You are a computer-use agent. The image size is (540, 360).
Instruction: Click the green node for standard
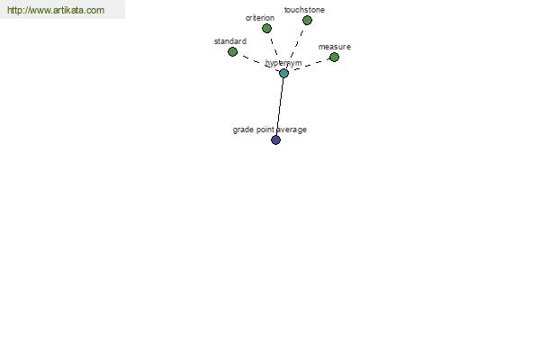(x=232, y=52)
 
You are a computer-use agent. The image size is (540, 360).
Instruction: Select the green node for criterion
(x=266, y=29)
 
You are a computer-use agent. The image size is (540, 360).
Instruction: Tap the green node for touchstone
(x=307, y=21)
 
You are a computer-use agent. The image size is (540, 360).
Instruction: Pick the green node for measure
(x=334, y=58)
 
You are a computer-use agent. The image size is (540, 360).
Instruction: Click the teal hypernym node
(x=283, y=73)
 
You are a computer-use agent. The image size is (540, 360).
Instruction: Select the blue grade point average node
(x=276, y=139)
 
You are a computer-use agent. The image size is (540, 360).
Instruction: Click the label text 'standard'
(x=230, y=41)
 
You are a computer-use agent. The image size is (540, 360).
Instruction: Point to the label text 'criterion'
(x=260, y=18)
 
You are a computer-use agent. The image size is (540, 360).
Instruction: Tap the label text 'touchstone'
(x=304, y=10)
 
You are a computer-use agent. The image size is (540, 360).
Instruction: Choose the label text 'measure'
(x=335, y=47)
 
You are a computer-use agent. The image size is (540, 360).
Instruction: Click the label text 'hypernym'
(x=283, y=63)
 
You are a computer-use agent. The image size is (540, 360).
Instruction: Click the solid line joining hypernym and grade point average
(x=280, y=106)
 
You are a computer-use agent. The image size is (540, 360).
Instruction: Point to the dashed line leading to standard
(x=258, y=62)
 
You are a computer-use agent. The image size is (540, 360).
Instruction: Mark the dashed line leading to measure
(x=309, y=65)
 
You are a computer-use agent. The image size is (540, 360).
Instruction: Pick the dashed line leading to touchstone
(x=296, y=47)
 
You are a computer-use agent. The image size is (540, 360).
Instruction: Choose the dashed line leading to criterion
(x=274, y=50)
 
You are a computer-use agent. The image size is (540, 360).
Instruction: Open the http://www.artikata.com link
(x=56, y=10)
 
